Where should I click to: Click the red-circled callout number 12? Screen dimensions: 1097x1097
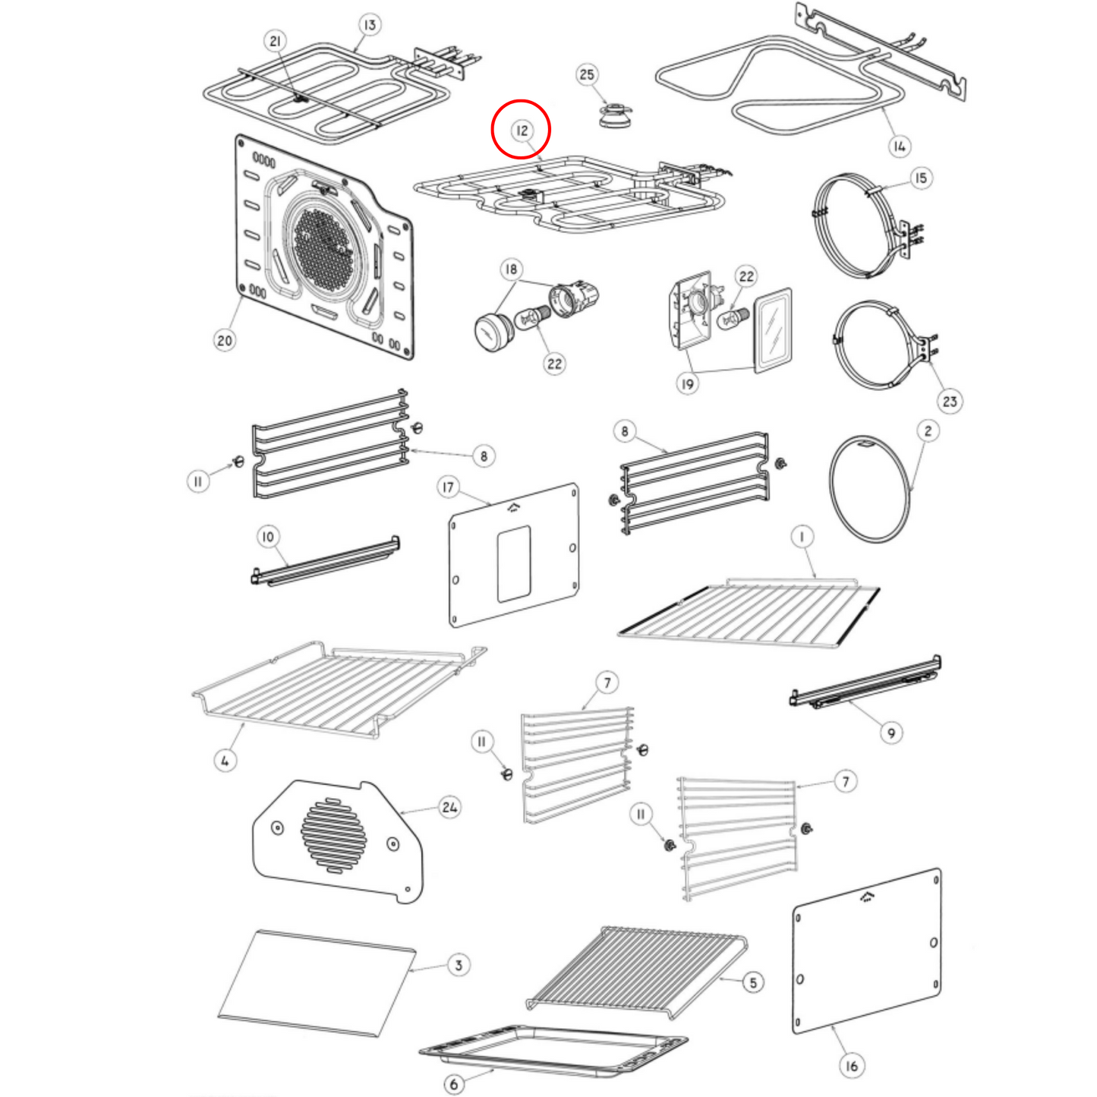click(x=522, y=131)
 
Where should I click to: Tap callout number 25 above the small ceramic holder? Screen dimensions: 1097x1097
click(x=587, y=74)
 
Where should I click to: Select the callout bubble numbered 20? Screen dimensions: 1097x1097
click(x=225, y=340)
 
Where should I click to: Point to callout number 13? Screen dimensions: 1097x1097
click(x=369, y=25)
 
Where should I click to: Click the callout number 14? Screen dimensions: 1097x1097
click(x=899, y=147)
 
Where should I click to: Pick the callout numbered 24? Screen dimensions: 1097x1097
click(x=449, y=807)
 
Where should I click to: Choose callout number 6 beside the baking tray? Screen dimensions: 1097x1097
click(x=454, y=1084)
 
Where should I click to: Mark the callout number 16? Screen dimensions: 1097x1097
click(x=852, y=1066)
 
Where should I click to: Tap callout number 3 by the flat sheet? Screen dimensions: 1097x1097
click(x=459, y=965)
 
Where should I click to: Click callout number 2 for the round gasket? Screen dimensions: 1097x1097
click(x=928, y=431)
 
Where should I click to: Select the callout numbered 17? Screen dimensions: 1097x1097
click(x=448, y=487)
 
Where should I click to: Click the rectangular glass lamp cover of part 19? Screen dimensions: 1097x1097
click(x=773, y=330)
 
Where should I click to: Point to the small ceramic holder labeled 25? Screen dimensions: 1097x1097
click(x=614, y=115)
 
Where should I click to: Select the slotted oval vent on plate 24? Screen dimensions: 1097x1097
click(x=333, y=835)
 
